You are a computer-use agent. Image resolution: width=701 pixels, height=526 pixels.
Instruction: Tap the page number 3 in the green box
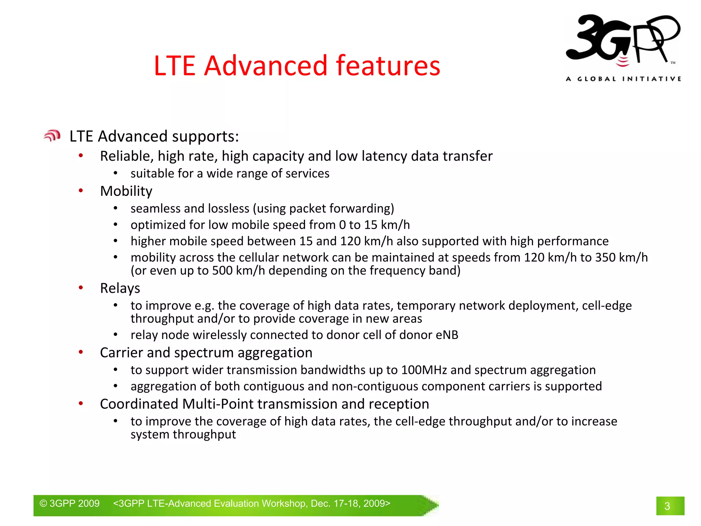[x=667, y=506]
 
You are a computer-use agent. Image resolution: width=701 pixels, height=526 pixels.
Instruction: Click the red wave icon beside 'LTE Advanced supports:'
[x=52, y=136]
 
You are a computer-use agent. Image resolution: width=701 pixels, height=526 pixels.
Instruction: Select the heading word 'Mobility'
[x=126, y=191]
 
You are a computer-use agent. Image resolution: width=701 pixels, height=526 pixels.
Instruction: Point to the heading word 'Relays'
[x=120, y=288]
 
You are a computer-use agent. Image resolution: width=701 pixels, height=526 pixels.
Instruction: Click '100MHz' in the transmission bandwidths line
[x=424, y=370]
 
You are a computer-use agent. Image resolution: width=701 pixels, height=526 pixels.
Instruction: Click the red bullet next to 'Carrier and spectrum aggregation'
[x=81, y=352]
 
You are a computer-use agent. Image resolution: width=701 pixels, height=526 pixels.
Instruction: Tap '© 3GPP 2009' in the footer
[x=69, y=503]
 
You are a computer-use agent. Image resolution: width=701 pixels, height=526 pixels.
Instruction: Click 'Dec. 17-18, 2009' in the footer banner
[x=350, y=503]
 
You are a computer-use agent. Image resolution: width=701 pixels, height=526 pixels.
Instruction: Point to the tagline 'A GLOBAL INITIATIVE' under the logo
[x=623, y=79]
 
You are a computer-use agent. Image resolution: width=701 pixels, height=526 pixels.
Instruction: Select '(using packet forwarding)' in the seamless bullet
[x=323, y=209]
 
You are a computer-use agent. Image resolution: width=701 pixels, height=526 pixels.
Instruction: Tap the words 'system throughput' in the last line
[x=183, y=435]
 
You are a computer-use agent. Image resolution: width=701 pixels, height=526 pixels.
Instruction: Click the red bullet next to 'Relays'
[x=81, y=288]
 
